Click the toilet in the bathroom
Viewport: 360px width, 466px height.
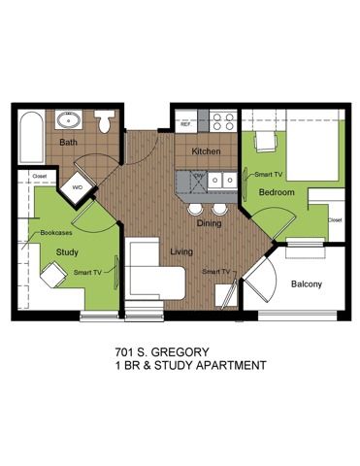coord(105,121)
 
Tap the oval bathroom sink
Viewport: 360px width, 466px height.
coord(69,120)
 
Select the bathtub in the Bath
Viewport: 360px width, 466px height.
coord(31,137)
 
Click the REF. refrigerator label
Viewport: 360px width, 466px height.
coord(185,124)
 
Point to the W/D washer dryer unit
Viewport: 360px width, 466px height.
coord(77,187)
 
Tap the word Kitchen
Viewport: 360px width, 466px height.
coord(206,151)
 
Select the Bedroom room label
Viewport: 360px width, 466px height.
coord(277,192)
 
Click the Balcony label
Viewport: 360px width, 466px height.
coord(307,284)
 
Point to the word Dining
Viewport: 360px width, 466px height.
coord(210,223)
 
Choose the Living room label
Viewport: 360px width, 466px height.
coord(181,251)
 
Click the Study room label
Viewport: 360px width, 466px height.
coord(67,252)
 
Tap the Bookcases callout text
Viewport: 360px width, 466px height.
coord(56,233)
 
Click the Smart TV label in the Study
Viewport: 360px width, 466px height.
coord(87,273)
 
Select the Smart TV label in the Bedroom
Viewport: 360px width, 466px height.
coord(268,175)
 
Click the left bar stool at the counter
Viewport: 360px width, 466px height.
coord(195,209)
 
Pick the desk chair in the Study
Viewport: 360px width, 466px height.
coord(53,275)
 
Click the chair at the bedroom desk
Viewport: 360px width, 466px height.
coord(267,142)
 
